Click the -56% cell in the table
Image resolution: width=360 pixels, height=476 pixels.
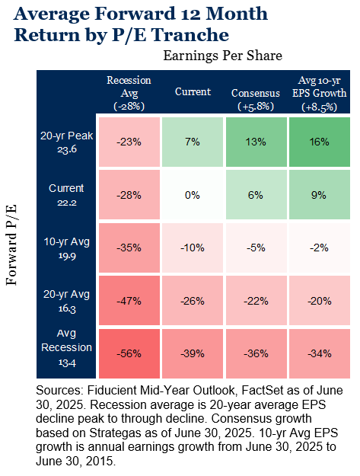point(129,353)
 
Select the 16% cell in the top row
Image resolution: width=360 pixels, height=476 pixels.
point(320,142)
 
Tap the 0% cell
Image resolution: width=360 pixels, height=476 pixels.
point(193,195)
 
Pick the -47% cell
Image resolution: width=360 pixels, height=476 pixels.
point(129,301)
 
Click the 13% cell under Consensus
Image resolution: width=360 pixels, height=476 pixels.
point(256,142)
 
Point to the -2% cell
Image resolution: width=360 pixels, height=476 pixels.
point(320,248)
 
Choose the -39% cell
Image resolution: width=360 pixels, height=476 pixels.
point(193,353)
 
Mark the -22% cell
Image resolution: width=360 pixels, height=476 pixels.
point(256,301)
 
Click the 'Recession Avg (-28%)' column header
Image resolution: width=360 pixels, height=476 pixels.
point(129,93)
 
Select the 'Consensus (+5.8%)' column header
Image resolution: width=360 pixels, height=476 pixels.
point(256,99)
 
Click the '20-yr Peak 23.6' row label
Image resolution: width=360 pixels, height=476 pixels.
point(67,142)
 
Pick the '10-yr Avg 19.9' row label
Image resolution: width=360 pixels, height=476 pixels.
point(67,248)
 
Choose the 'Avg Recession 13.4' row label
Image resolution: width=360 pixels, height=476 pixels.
point(66,347)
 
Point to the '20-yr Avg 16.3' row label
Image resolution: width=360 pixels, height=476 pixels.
point(67,301)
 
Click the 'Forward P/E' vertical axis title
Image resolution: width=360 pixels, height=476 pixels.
point(11,245)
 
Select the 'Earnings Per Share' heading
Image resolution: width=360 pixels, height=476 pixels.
point(222,56)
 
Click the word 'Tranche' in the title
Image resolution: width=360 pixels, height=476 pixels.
point(190,35)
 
